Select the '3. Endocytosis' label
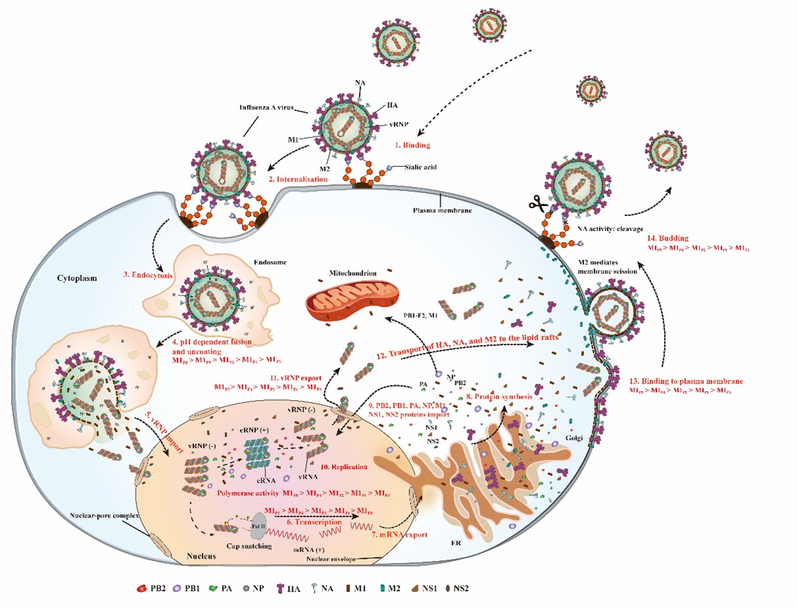(x=144, y=276)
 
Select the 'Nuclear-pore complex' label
(x=104, y=516)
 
